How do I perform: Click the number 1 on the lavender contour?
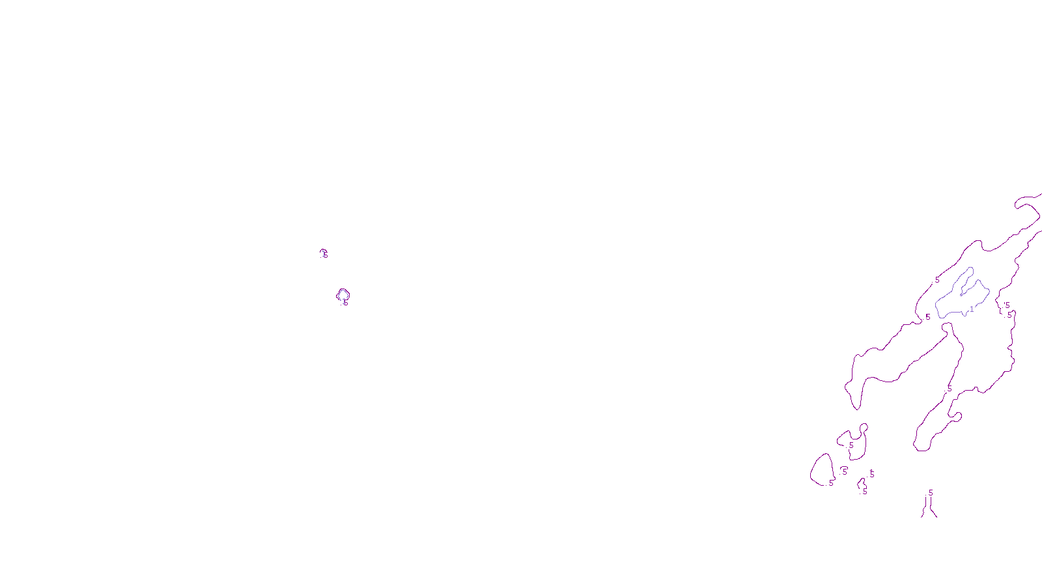click(x=972, y=309)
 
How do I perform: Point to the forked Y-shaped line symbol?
click(x=929, y=509)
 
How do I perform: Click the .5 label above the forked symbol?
click(x=930, y=493)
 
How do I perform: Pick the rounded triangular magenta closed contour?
click(x=823, y=469)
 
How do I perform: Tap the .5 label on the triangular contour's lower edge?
click(x=830, y=483)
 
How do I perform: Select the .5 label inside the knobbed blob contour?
click(x=851, y=445)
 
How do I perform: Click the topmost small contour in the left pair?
click(x=324, y=253)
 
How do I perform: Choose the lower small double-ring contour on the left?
click(x=343, y=296)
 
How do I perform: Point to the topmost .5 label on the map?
click(x=936, y=281)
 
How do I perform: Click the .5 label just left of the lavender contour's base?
click(x=927, y=317)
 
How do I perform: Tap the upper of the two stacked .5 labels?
click(x=1007, y=305)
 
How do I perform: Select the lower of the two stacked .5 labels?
click(x=1009, y=315)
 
